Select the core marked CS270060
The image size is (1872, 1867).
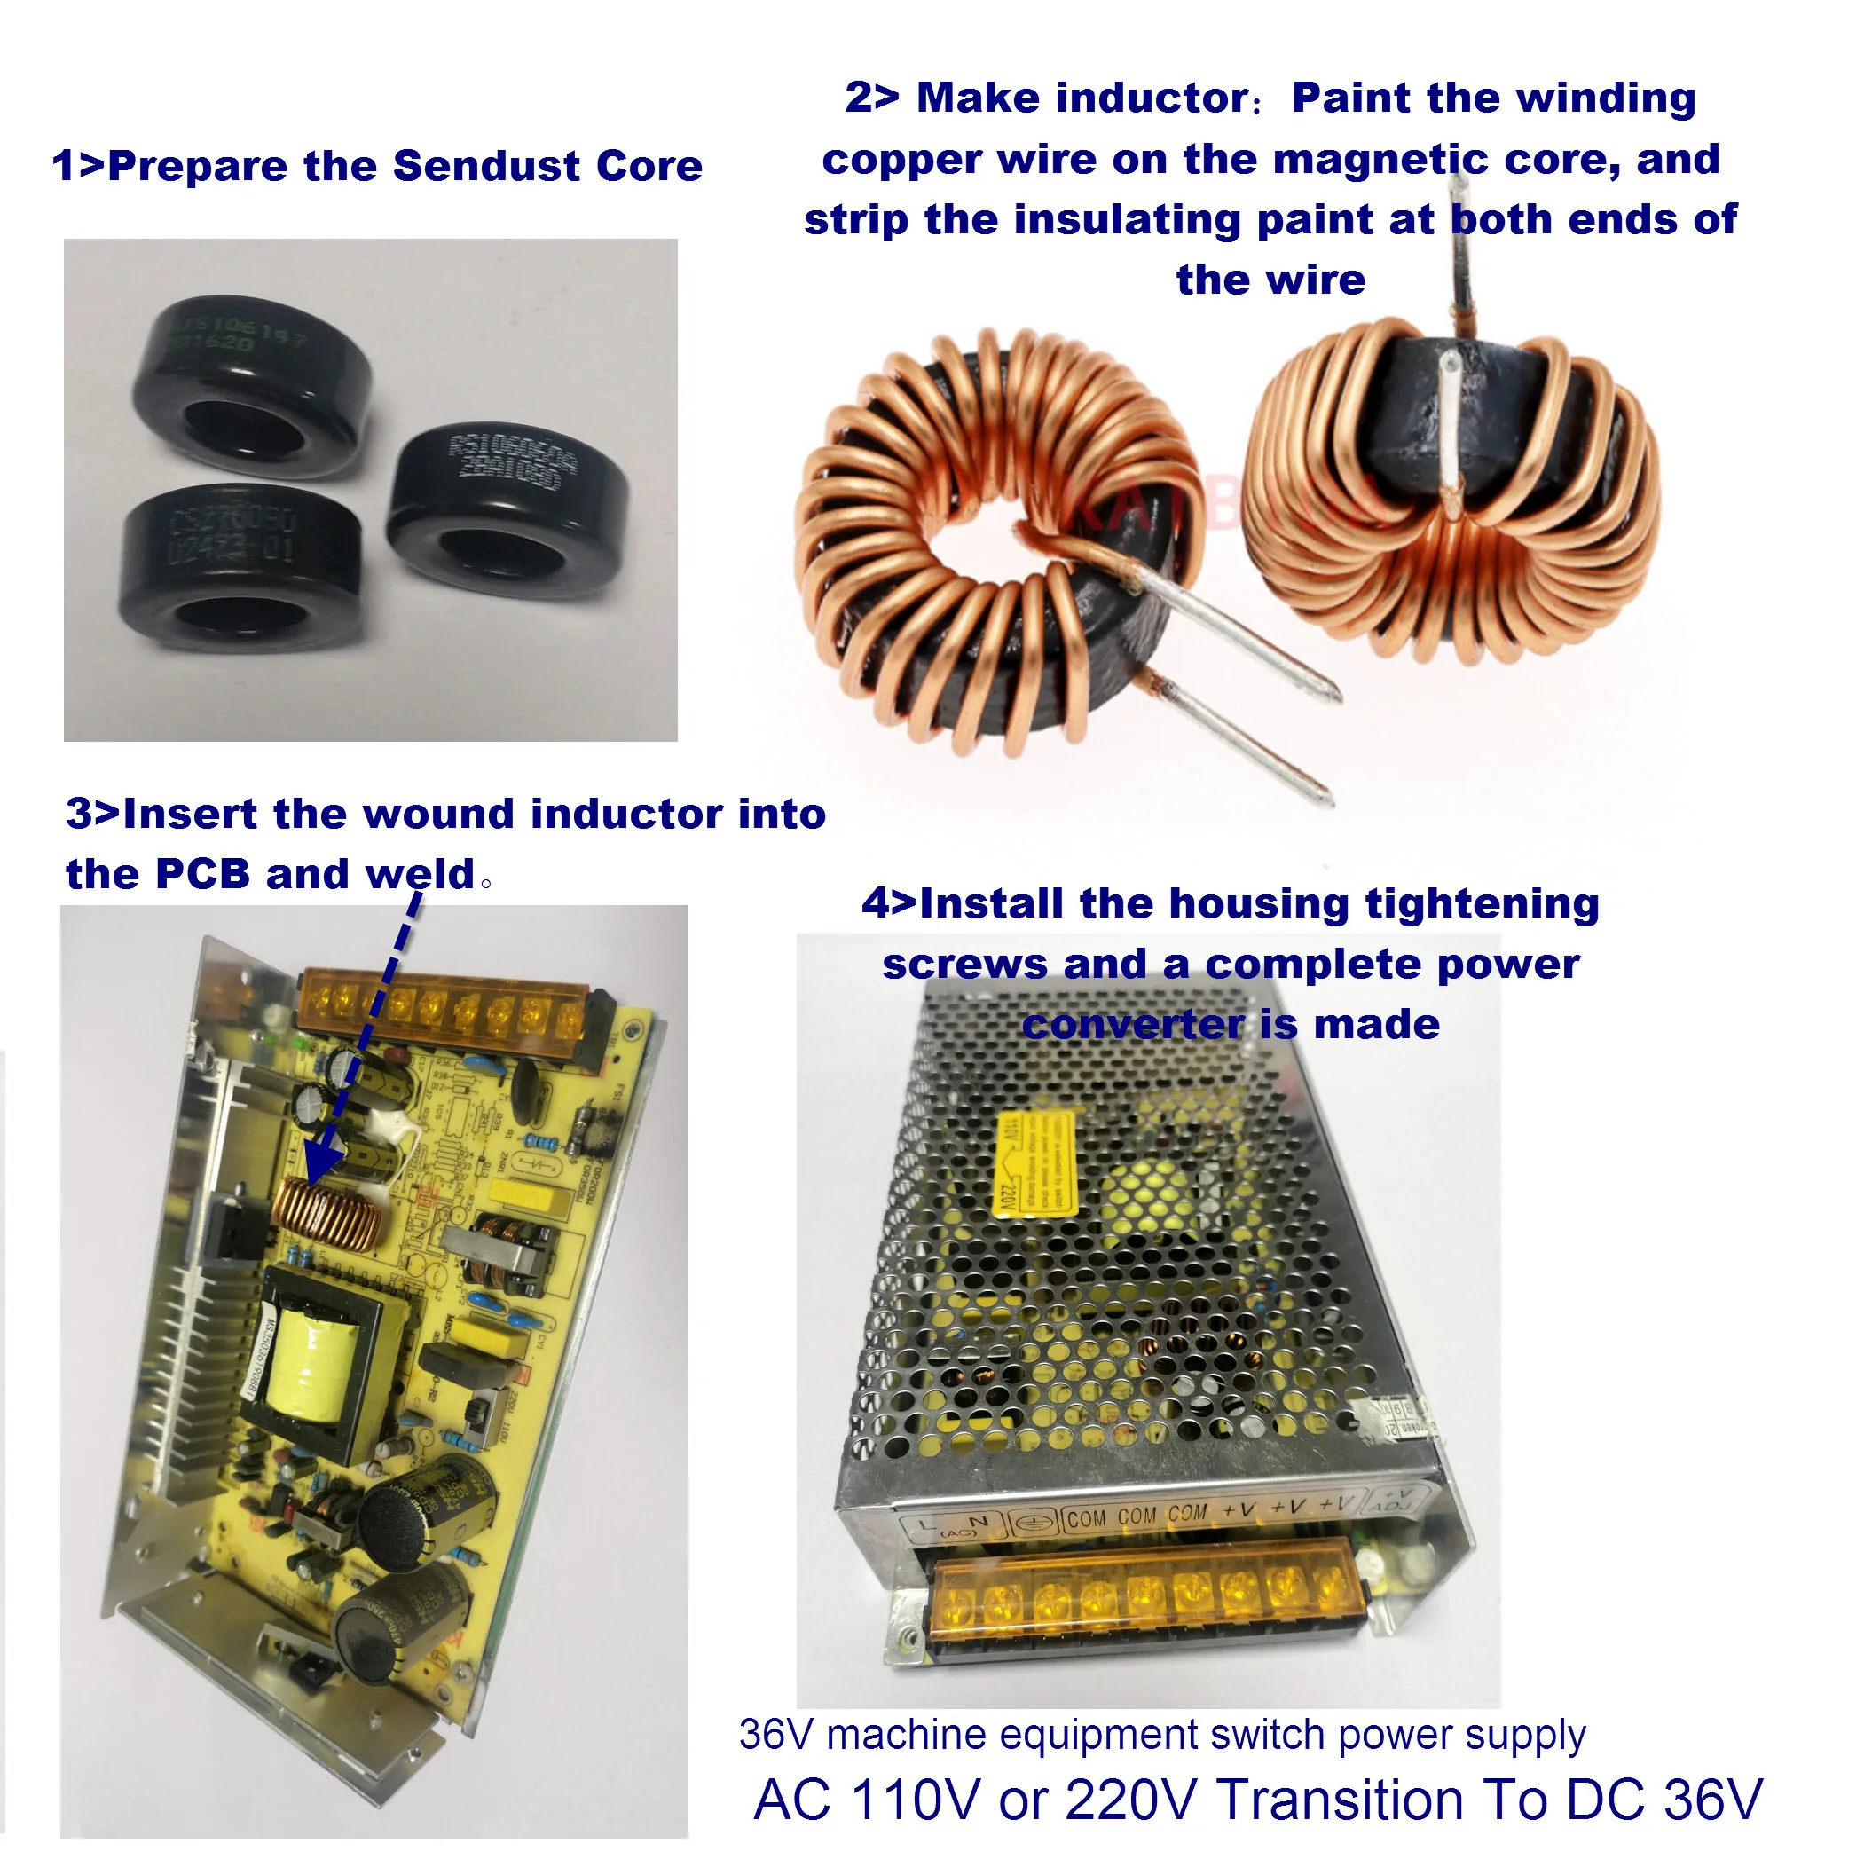(x=240, y=566)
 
